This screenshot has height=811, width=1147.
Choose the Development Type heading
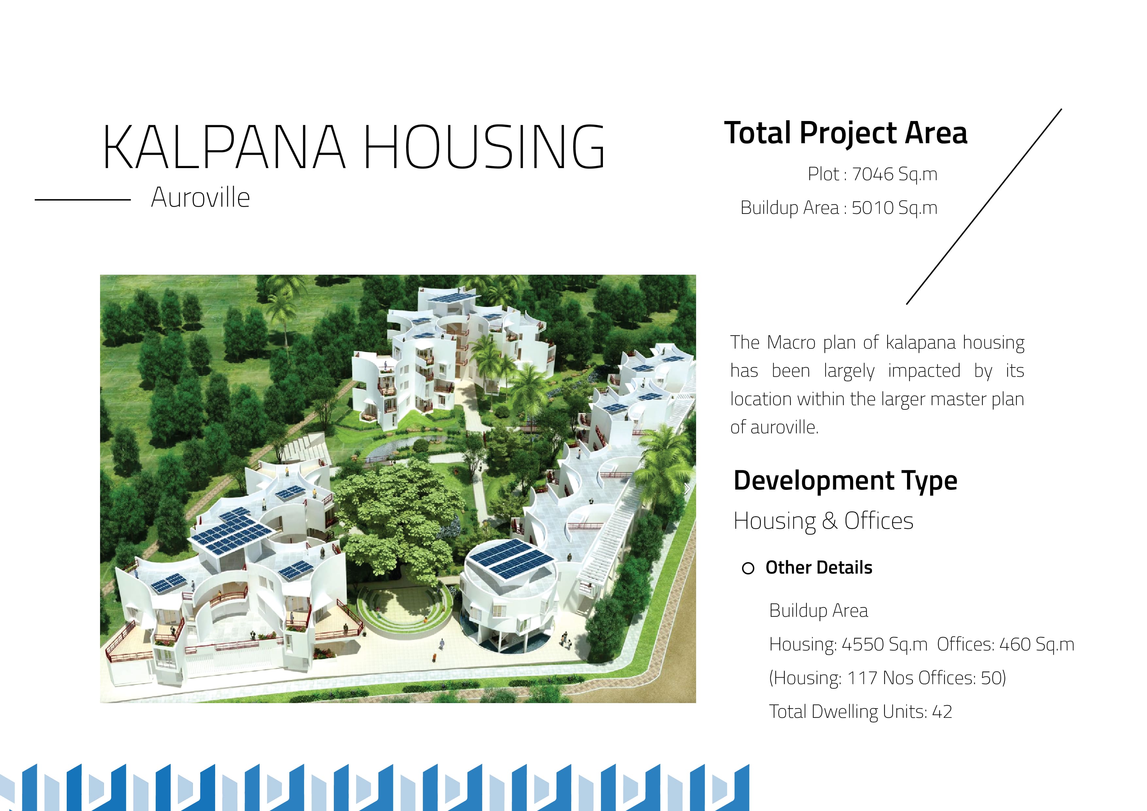[x=845, y=481]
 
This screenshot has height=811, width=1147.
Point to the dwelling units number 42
[x=942, y=712]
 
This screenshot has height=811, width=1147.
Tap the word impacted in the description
[x=924, y=371]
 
